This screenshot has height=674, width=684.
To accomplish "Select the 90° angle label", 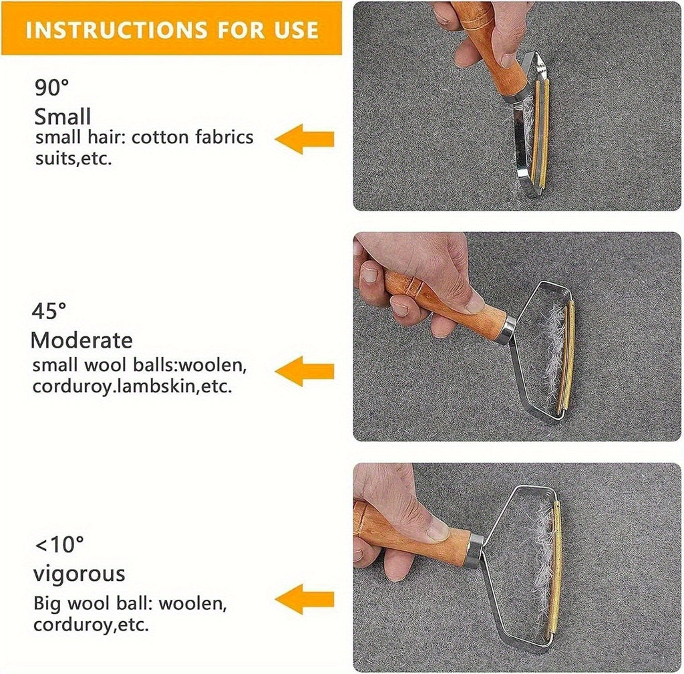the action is click(51, 88).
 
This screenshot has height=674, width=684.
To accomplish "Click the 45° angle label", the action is click(49, 311).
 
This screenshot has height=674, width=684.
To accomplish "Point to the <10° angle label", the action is click(59, 544).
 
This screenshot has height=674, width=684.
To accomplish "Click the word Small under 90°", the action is click(62, 116).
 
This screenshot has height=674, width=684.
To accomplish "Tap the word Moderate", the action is click(81, 340).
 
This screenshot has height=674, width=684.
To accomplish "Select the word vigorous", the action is click(79, 574).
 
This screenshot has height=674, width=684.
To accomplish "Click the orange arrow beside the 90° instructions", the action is click(305, 139).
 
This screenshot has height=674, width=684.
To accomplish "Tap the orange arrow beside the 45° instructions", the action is click(305, 371).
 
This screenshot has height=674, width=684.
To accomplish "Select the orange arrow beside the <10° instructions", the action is click(305, 599).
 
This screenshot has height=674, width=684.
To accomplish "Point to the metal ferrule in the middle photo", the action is click(508, 330).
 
